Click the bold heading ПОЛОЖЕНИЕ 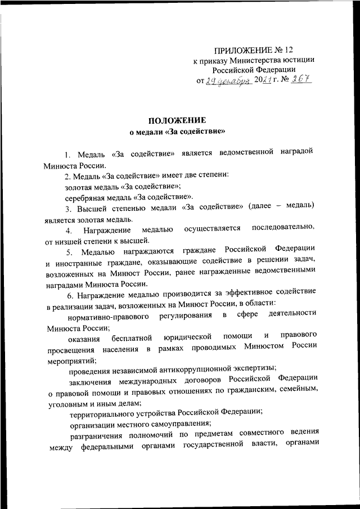click(x=177, y=120)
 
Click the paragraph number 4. click(x=68, y=230)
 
